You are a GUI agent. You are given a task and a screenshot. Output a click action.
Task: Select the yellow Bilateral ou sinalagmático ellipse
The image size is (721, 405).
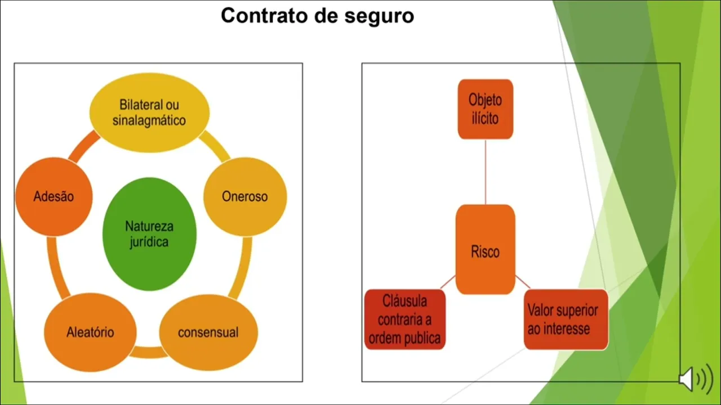[149, 112]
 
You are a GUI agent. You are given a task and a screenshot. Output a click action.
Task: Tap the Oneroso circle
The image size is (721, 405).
[244, 196]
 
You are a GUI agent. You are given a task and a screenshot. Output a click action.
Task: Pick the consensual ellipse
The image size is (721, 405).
[208, 332]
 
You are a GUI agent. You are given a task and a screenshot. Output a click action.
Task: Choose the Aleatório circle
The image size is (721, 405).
[90, 332]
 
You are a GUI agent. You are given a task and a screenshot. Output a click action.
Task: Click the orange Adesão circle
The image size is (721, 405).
[54, 196]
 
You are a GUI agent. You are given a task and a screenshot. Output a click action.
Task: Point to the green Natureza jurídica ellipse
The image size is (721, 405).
[149, 235]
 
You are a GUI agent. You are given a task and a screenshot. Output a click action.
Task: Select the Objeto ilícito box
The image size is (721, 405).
[485, 109]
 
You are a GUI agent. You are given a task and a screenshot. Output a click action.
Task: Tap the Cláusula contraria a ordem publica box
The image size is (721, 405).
[404, 319]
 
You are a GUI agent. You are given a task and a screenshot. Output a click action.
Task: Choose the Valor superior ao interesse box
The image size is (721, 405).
[566, 319]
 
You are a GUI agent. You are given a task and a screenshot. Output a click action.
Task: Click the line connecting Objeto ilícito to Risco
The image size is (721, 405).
[485, 172]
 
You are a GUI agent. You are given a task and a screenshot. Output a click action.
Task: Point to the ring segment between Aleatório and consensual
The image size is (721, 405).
[149, 353]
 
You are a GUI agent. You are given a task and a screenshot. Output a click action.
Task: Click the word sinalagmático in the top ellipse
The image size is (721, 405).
[149, 120]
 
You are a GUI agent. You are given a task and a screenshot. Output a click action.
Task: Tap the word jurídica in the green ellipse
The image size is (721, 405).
[149, 242]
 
